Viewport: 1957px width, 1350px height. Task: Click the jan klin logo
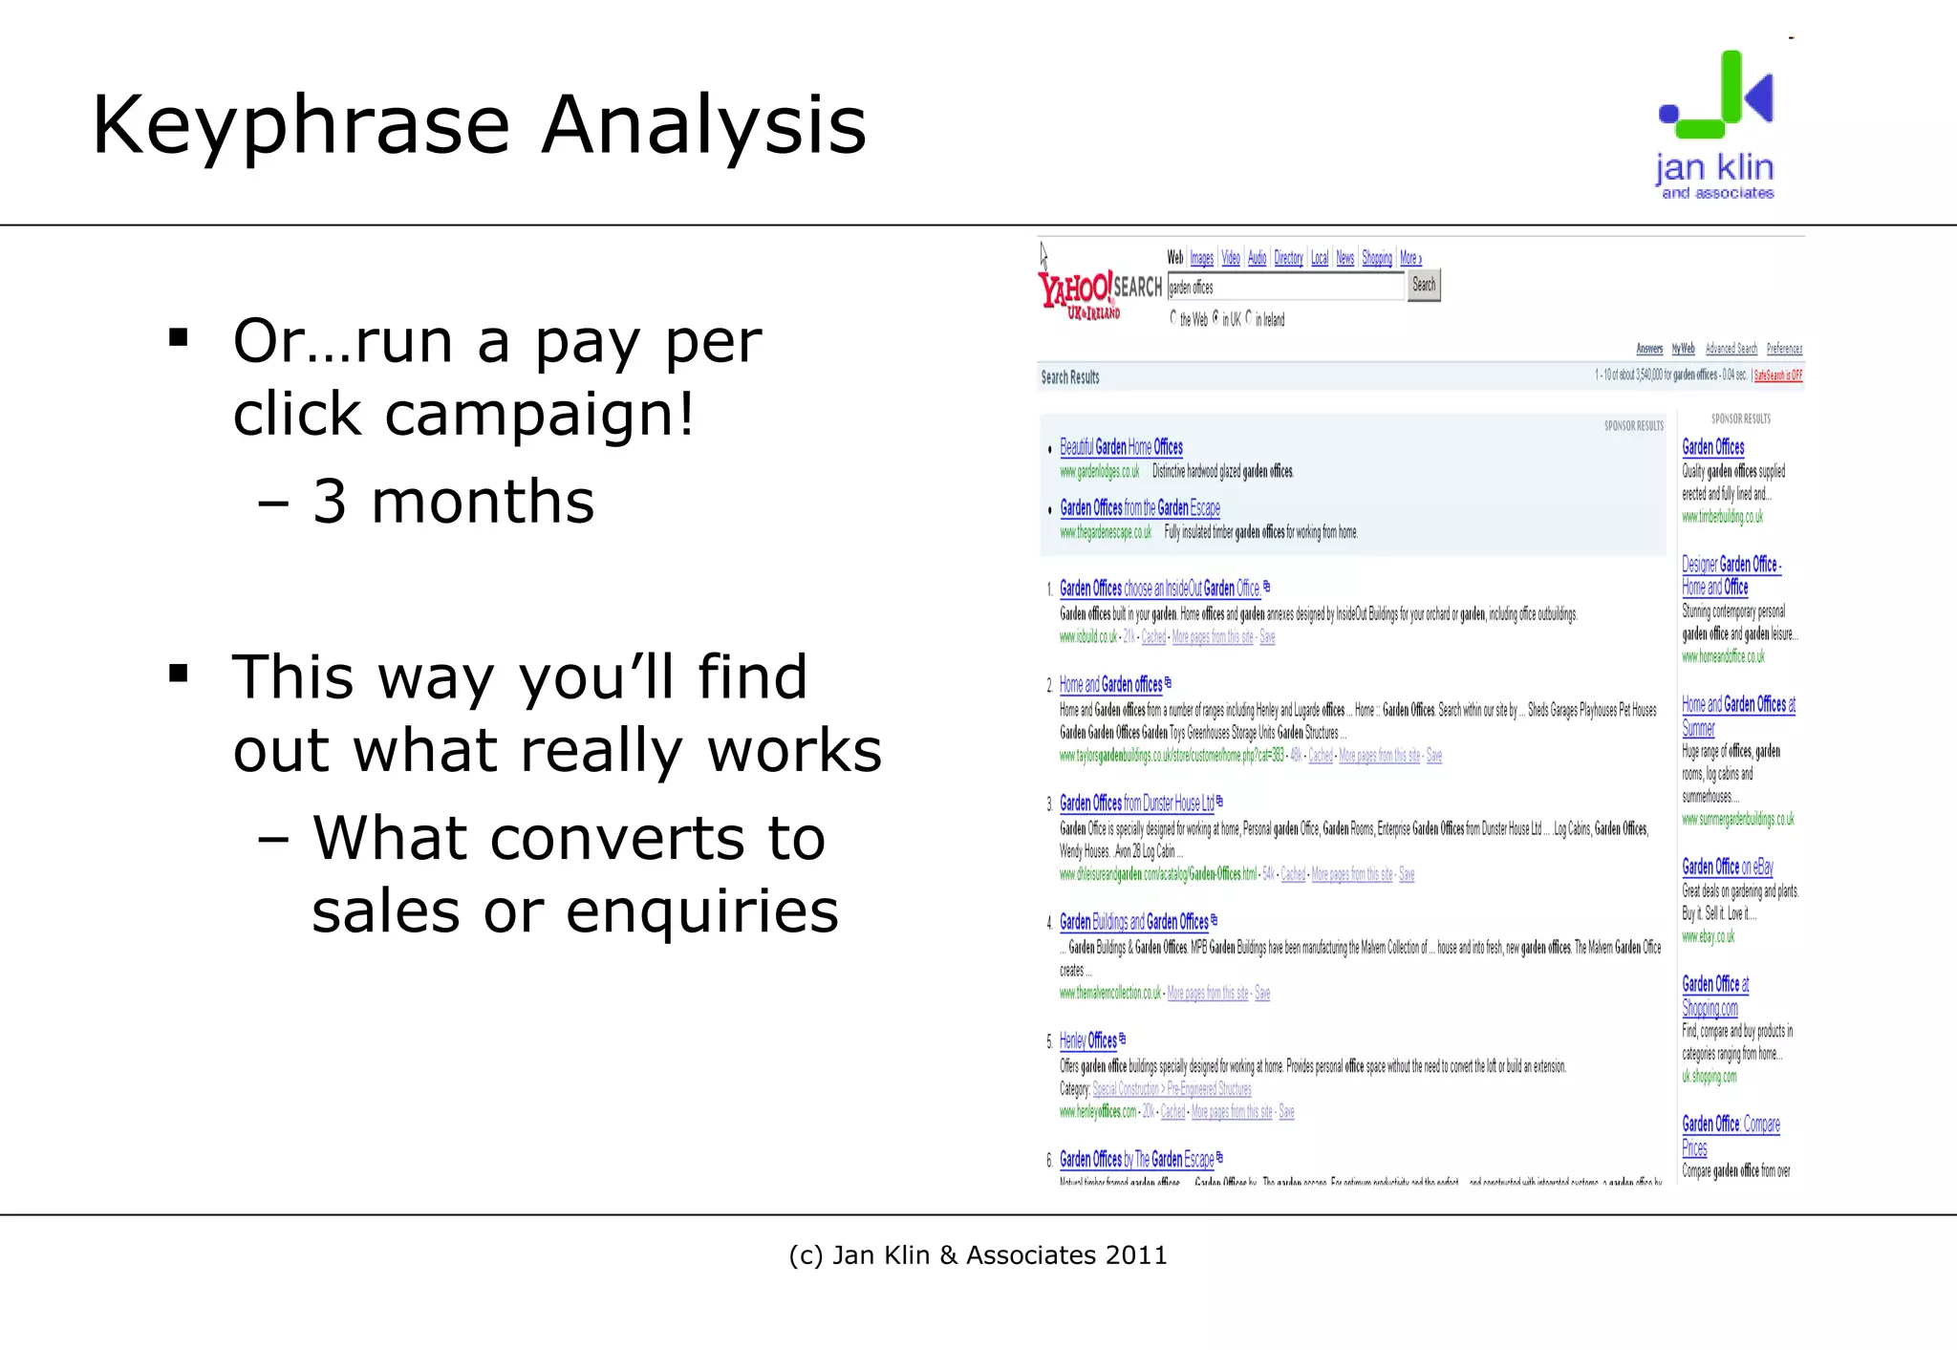pos(1716,124)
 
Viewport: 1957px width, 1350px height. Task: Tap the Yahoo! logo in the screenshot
pos(1080,291)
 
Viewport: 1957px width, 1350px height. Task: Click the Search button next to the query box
pos(1424,285)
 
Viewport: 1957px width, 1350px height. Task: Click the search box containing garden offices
pos(1285,287)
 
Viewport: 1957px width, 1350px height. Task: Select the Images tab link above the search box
pos(1201,258)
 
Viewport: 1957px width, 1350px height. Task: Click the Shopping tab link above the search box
pos(1376,258)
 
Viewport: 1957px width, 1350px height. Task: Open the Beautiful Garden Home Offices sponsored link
pos(1121,447)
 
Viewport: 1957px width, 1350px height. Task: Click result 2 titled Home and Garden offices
pos(1110,685)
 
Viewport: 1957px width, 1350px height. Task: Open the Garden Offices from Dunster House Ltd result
pos(1136,804)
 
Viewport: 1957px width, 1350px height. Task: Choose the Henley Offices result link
pos(1087,1040)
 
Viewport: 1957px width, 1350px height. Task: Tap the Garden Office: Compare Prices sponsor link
pos(1730,1135)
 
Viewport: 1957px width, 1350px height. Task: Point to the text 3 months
pos(453,502)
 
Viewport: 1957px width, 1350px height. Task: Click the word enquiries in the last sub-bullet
pos(701,911)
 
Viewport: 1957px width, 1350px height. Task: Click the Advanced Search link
pos(1731,349)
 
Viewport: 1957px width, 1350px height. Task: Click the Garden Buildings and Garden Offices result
pos(1133,922)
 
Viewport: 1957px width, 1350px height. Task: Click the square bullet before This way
pos(178,675)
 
